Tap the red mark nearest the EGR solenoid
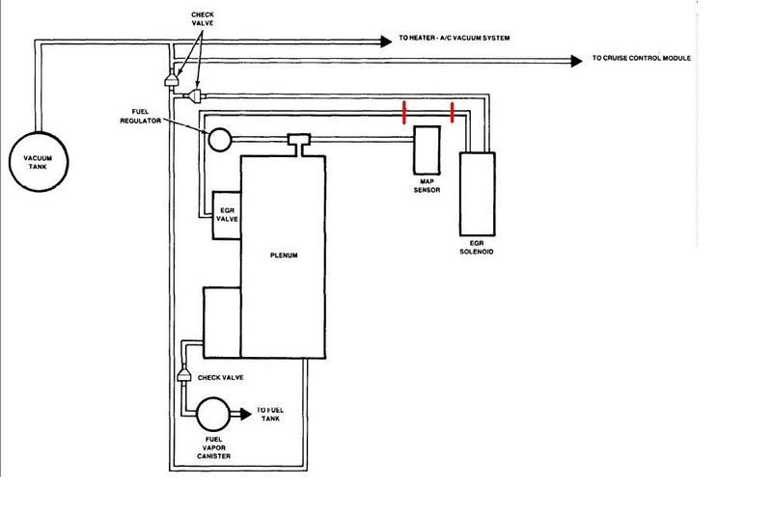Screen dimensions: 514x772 point(452,114)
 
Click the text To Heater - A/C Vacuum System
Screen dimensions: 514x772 point(454,39)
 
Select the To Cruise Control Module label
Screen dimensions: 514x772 point(642,59)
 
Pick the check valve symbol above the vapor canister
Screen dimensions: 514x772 point(181,374)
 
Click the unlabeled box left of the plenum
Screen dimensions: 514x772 point(221,318)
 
